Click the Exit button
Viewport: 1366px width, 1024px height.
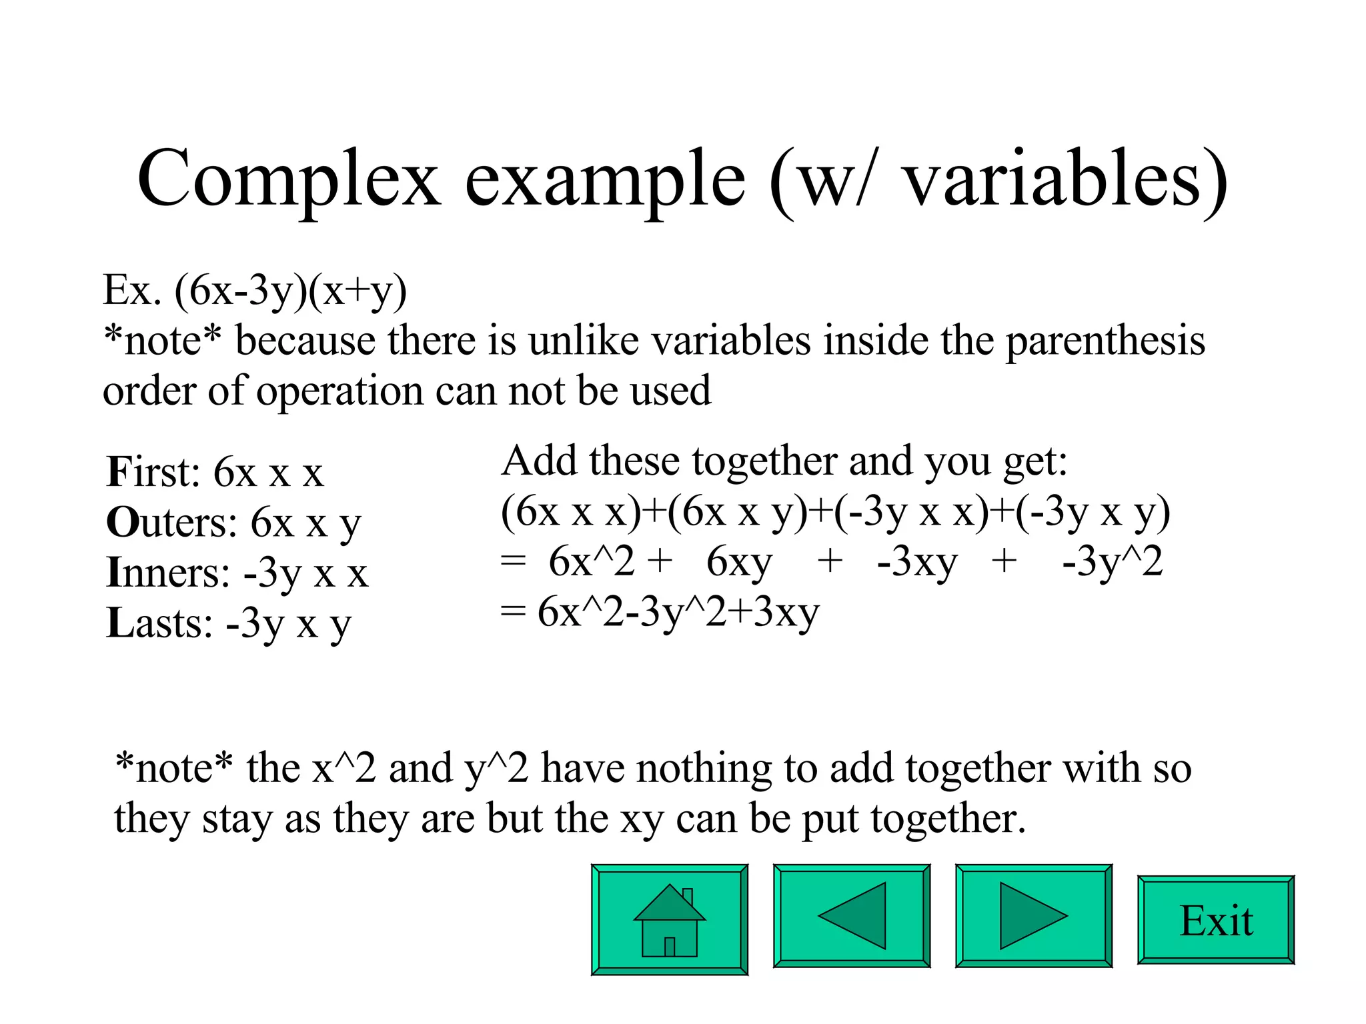pos(1216,921)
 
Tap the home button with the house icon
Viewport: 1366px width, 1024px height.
pos(669,919)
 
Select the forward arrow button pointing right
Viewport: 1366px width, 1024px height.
pos(1033,915)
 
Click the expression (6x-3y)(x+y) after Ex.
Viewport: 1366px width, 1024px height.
pos(291,291)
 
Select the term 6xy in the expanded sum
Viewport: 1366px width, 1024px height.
pos(739,561)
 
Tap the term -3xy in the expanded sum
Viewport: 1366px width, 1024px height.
pos(917,561)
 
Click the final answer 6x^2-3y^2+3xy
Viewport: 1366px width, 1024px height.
pos(678,612)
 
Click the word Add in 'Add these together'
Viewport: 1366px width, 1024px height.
pos(539,461)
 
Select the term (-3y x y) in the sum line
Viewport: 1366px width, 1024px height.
pos(1093,512)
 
